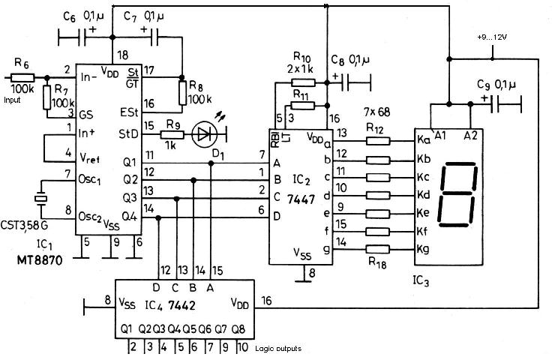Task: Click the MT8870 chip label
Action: pos(40,260)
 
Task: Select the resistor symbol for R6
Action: pos(22,77)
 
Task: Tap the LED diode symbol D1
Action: pos(203,134)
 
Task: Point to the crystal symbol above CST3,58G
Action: pos(41,199)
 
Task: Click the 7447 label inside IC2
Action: pos(301,199)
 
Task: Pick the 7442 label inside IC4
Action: pos(181,305)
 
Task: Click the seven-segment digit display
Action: pos(457,194)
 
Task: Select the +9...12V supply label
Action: pos(492,37)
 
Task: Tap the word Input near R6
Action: pos(12,100)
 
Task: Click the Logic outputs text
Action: pos(278,349)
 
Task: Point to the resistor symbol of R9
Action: pos(172,134)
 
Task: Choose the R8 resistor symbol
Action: pos(182,93)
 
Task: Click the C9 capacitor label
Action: pos(483,85)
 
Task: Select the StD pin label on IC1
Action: pos(128,134)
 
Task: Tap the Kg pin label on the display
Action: pos(423,249)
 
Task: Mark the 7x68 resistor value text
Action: pos(376,112)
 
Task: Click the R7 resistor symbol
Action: pos(46,97)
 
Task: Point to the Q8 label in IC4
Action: pos(238,329)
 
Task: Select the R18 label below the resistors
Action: pos(377,262)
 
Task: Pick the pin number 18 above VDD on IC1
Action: pos(122,55)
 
